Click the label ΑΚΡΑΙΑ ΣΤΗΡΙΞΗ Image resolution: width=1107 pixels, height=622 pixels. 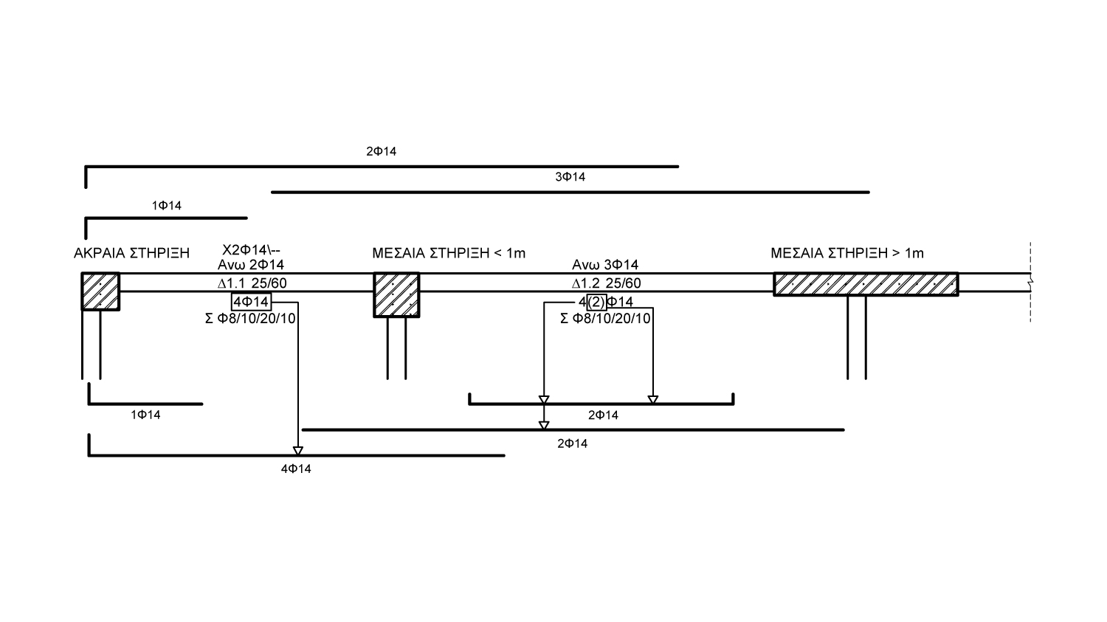[131, 253]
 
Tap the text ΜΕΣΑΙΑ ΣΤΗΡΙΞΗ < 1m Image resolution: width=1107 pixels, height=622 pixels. [449, 253]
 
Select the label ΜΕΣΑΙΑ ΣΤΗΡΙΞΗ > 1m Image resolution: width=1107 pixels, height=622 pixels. [847, 253]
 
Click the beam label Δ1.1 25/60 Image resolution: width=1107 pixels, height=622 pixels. [251, 283]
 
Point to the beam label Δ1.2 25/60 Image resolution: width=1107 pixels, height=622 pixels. [606, 283]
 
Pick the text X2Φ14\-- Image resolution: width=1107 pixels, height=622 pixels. [251, 250]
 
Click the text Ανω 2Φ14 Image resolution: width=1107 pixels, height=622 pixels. [251, 265]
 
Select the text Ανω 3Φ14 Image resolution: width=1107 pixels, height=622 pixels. [605, 265]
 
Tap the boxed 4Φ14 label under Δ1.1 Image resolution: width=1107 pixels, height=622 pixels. [251, 301]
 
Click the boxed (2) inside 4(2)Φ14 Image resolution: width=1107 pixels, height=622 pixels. [596, 302]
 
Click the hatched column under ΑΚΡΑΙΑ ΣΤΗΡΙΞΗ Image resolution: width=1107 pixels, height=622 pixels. [100, 291]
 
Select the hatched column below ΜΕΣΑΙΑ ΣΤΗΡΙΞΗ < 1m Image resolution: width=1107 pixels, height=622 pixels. [396, 295]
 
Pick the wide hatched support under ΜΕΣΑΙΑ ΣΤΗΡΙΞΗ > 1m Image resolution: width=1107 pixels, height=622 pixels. [866, 284]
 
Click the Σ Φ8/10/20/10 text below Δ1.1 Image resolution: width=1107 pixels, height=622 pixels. [251, 319]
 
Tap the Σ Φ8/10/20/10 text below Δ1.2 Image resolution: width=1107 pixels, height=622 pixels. [606, 319]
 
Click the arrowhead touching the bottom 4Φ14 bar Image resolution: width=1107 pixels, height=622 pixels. [298, 451]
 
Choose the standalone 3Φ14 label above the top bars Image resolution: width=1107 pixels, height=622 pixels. [570, 177]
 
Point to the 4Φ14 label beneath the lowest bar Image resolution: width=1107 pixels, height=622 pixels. [296, 469]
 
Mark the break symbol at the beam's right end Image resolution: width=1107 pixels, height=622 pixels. [1030, 282]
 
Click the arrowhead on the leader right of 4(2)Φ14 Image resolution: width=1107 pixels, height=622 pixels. [652, 400]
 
